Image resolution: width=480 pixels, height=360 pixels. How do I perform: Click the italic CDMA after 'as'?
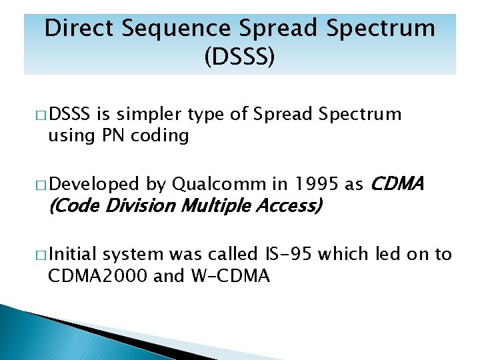[396, 184]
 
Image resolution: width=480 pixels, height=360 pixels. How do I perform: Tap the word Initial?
[73, 254]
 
